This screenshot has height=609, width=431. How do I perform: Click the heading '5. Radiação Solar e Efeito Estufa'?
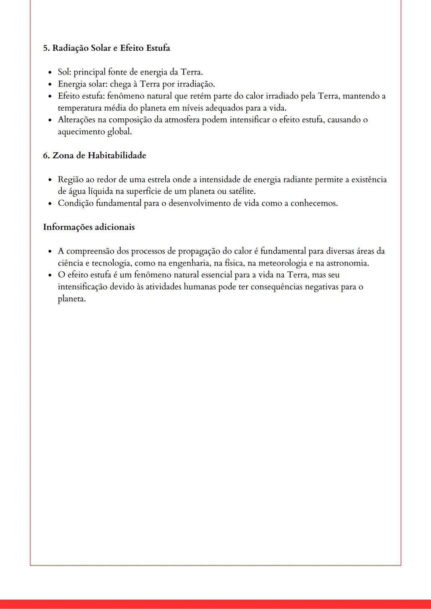pyautogui.click(x=107, y=48)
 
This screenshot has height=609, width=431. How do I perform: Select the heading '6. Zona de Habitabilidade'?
pyautogui.click(x=95, y=155)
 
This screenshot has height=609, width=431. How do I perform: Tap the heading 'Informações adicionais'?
pyautogui.click(x=89, y=227)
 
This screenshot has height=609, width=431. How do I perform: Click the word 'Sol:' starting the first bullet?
pyautogui.click(x=64, y=72)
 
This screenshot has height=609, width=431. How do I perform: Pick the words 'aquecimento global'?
pyautogui.click(x=94, y=132)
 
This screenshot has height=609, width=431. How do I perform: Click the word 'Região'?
pyautogui.click(x=71, y=180)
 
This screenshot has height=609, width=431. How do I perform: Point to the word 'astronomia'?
pyautogui.click(x=348, y=263)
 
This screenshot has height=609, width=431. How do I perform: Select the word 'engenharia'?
pyautogui.click(x=190, y=263)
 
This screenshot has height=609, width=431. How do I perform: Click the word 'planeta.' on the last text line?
pyautogui.click(x=72, y=299)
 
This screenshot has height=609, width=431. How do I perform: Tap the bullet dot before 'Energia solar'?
pyautogui.click(x=50, y=84)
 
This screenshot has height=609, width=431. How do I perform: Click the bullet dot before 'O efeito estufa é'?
pyautogui.click(x=50, y=275)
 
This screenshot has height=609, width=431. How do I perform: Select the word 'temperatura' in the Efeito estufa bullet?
pyautogui.click(x=79, y=108)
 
